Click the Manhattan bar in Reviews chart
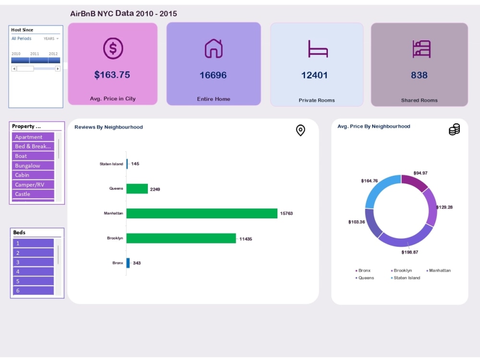(202, 214)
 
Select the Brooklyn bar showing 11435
(181, 238)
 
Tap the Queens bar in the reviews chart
(137, 189)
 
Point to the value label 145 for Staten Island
(135, 164)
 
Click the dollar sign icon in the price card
(113, 48)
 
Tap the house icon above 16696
(214, 48)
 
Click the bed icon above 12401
(317, 49)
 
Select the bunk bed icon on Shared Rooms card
(421, 49)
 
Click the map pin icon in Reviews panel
(300, 130)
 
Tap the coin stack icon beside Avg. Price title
(454, 130)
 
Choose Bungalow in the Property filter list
(33, 166)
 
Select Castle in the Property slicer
(33, 194)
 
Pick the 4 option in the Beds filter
(33, 272)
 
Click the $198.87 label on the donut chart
(409, 252)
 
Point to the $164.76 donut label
(369, 181)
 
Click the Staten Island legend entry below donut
(406, 278)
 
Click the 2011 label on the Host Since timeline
(35, 54)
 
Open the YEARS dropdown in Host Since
(51, 38)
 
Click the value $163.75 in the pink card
(112, 75)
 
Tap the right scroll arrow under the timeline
(58, 69)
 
